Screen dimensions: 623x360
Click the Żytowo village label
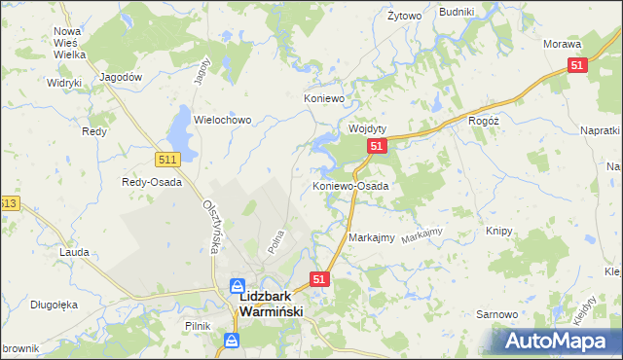[x=404, y=17]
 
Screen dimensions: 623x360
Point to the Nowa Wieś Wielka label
[x=69, y=43]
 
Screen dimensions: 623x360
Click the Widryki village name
[x=63, y=83]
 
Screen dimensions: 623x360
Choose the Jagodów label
[x=123, y=77]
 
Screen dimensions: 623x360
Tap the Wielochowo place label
[x=223, y=121]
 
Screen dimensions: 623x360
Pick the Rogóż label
[x=484, y=121]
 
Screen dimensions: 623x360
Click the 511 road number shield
[x=166, y=159]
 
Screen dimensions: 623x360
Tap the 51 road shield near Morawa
[x=577, y=65]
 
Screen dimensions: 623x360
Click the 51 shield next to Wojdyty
[x=378, y=146]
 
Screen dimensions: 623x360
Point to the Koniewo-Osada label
[x=350, y=185]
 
